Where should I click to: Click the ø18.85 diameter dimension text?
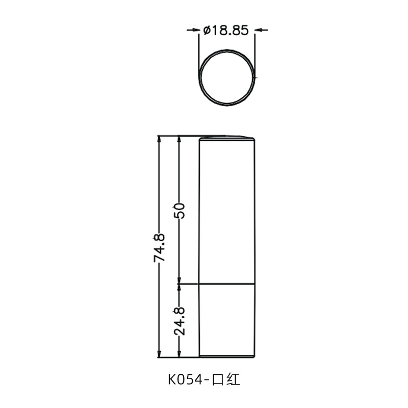(x=225, y=31)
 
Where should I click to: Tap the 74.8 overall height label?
(x=159, y=247)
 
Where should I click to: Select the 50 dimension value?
(x=179, y=209)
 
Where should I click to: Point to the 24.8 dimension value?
(x=179, y=320)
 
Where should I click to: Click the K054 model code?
(x=186, y=379)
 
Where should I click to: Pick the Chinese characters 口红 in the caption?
(x=228, y=379)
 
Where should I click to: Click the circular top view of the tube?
(x=227, y=77)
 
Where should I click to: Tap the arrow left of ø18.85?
(x=194, y=31)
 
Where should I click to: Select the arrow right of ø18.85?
(x=260, y=31)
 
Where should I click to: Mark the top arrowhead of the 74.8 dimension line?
(x=159, y=139)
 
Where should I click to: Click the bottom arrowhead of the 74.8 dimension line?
(x=159, y=353)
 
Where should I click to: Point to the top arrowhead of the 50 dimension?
(x=179, y=139)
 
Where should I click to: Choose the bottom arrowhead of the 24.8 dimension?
(x=179, y=353)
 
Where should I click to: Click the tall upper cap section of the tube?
(x=227, y=209)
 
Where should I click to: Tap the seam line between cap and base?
(x=227, y=284)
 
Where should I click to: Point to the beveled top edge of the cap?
(x=227, y=137)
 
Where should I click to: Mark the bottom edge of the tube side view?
(x=227, y=356)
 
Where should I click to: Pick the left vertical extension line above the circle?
(x=199, y=51)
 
